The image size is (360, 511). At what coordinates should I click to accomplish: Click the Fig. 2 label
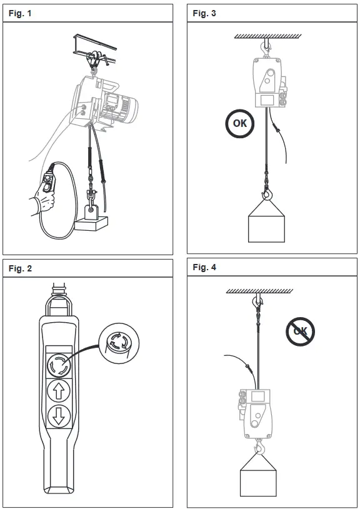(x=21, y=268)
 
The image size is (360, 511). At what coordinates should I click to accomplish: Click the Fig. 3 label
(x=204, y=13)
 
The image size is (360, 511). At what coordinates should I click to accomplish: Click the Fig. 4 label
(x=204, y=268)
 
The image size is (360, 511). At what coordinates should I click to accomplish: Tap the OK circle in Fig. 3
(x=240, y=123)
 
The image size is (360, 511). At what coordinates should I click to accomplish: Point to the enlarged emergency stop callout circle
(x=119, y=343)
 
